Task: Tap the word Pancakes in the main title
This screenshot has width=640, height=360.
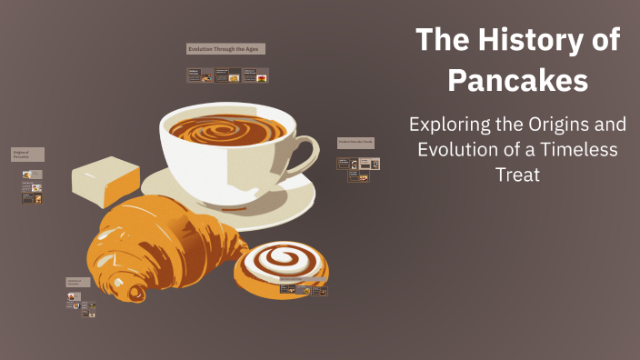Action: point(517,81)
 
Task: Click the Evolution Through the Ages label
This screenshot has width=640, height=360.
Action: point(225,48)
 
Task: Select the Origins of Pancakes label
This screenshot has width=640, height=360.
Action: point(27,155)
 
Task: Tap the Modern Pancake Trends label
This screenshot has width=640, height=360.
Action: point(355,143)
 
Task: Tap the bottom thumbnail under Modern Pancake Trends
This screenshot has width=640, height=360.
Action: point(364,177)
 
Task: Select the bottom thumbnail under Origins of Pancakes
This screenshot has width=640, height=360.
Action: point(33,198)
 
